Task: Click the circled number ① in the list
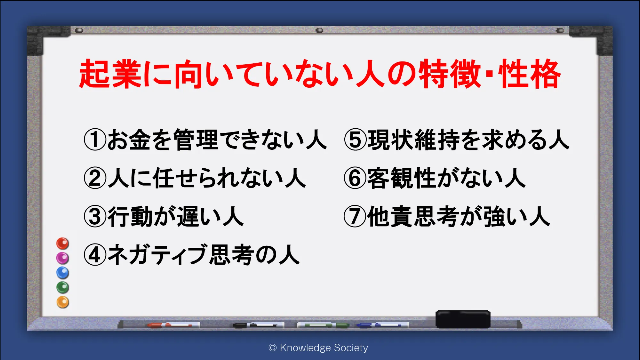95,140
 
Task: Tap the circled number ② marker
95,178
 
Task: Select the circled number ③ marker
95,216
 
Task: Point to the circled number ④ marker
95,255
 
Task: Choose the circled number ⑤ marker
355,140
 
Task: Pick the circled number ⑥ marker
355,178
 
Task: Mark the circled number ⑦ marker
355,216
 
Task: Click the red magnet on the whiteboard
63,244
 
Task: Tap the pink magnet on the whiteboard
63,258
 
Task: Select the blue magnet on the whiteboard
63,273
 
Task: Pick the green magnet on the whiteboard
63,287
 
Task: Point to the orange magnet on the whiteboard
63,302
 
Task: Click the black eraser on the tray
463,319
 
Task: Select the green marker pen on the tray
323,325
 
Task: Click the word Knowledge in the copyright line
305,348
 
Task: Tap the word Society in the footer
351,348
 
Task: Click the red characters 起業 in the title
110,74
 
